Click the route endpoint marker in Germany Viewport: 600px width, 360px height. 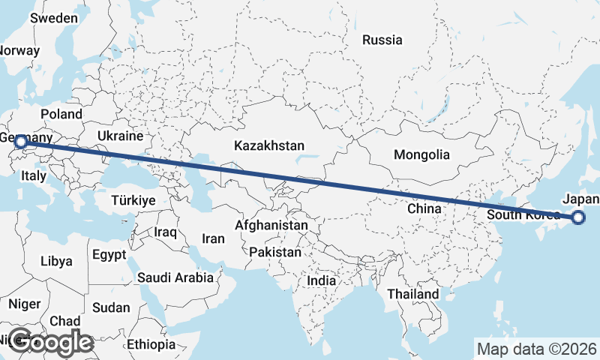pyautogui.click(x=20, y=141)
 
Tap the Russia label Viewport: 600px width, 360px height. pyautogui.click(x=382, y=40)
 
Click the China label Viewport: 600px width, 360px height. pyautogui.click(x=424, y=209)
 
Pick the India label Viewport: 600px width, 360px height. pyautogui.click(x=322, y=280)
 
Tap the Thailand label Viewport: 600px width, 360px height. pyautogui.click(x=412, y=295)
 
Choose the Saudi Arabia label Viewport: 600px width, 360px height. pyautogui.click(x=175, y=277)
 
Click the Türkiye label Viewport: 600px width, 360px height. pyautogui.click(x=133, y=200)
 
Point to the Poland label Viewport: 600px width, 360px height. pyautogui.click(x=61, y=114)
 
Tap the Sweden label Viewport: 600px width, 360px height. pyautogui.click(x=54, y=18)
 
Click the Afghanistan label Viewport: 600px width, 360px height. pyautogui.click(x=271, y=225)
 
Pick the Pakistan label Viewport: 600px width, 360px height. pyautogui.click(x=275, y=252)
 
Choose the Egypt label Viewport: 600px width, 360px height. pyautogui.click(x=109, y=255)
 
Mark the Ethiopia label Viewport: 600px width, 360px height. pyautogui.click(x=151, y=344)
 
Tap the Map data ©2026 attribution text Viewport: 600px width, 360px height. pyautogui.click(x=536, y=349)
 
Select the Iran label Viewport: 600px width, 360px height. pyautogui.click(x=214, y=238)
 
